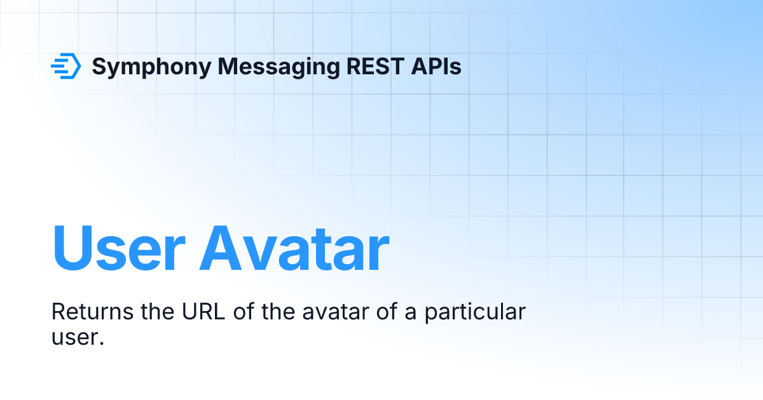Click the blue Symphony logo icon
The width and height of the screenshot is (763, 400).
click(x=65, y=66)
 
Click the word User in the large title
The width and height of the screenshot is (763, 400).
click(x=120, y=248)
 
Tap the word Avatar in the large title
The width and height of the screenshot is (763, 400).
click(x=294, y=248)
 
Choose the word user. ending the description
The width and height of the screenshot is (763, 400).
click(x=76, y=337)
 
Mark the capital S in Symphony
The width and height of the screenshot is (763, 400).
click(x=100, y=66)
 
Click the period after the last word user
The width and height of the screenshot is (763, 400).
click(x=101, y=342)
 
